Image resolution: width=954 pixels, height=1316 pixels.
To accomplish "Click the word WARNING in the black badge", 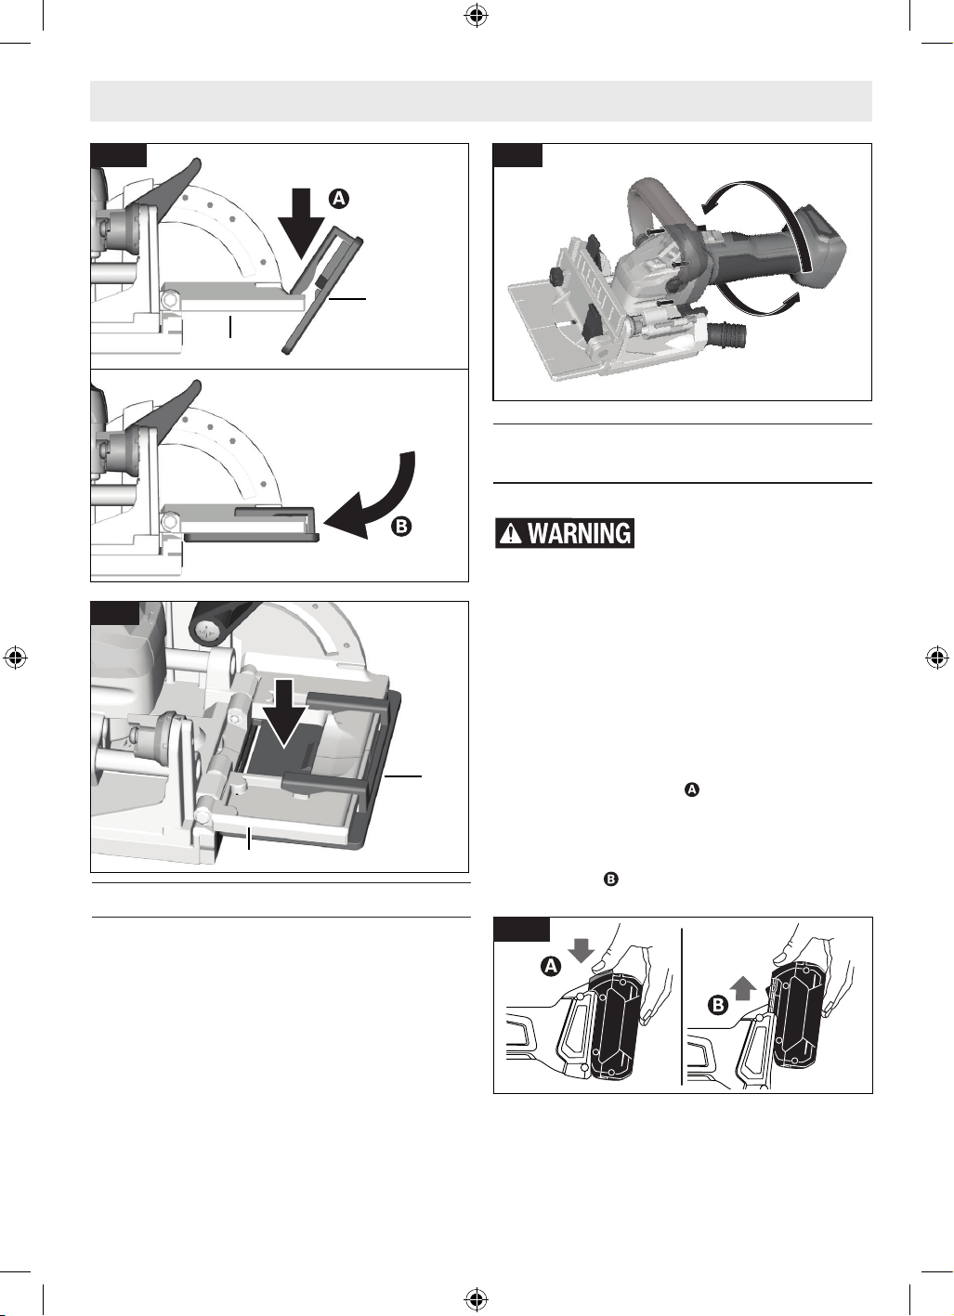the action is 579,533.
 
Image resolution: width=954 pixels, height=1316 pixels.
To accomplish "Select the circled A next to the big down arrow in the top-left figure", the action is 338,199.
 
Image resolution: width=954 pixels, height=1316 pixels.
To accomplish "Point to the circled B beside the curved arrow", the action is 401,526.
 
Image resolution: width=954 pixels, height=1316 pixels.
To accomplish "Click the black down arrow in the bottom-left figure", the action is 284,713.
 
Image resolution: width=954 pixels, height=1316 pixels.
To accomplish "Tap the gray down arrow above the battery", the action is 582,950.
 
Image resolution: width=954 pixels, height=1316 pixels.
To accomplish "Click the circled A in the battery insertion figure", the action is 551,966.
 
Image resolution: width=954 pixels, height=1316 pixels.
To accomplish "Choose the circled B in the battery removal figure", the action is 718,1005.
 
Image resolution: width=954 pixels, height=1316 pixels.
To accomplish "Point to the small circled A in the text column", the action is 692,789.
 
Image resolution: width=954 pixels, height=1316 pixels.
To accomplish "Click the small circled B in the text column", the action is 611,880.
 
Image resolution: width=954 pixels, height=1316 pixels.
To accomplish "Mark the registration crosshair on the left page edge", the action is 16,658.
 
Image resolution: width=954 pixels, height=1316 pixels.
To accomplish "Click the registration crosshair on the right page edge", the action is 937,658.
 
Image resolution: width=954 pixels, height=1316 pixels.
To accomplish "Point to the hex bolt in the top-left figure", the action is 172,299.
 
